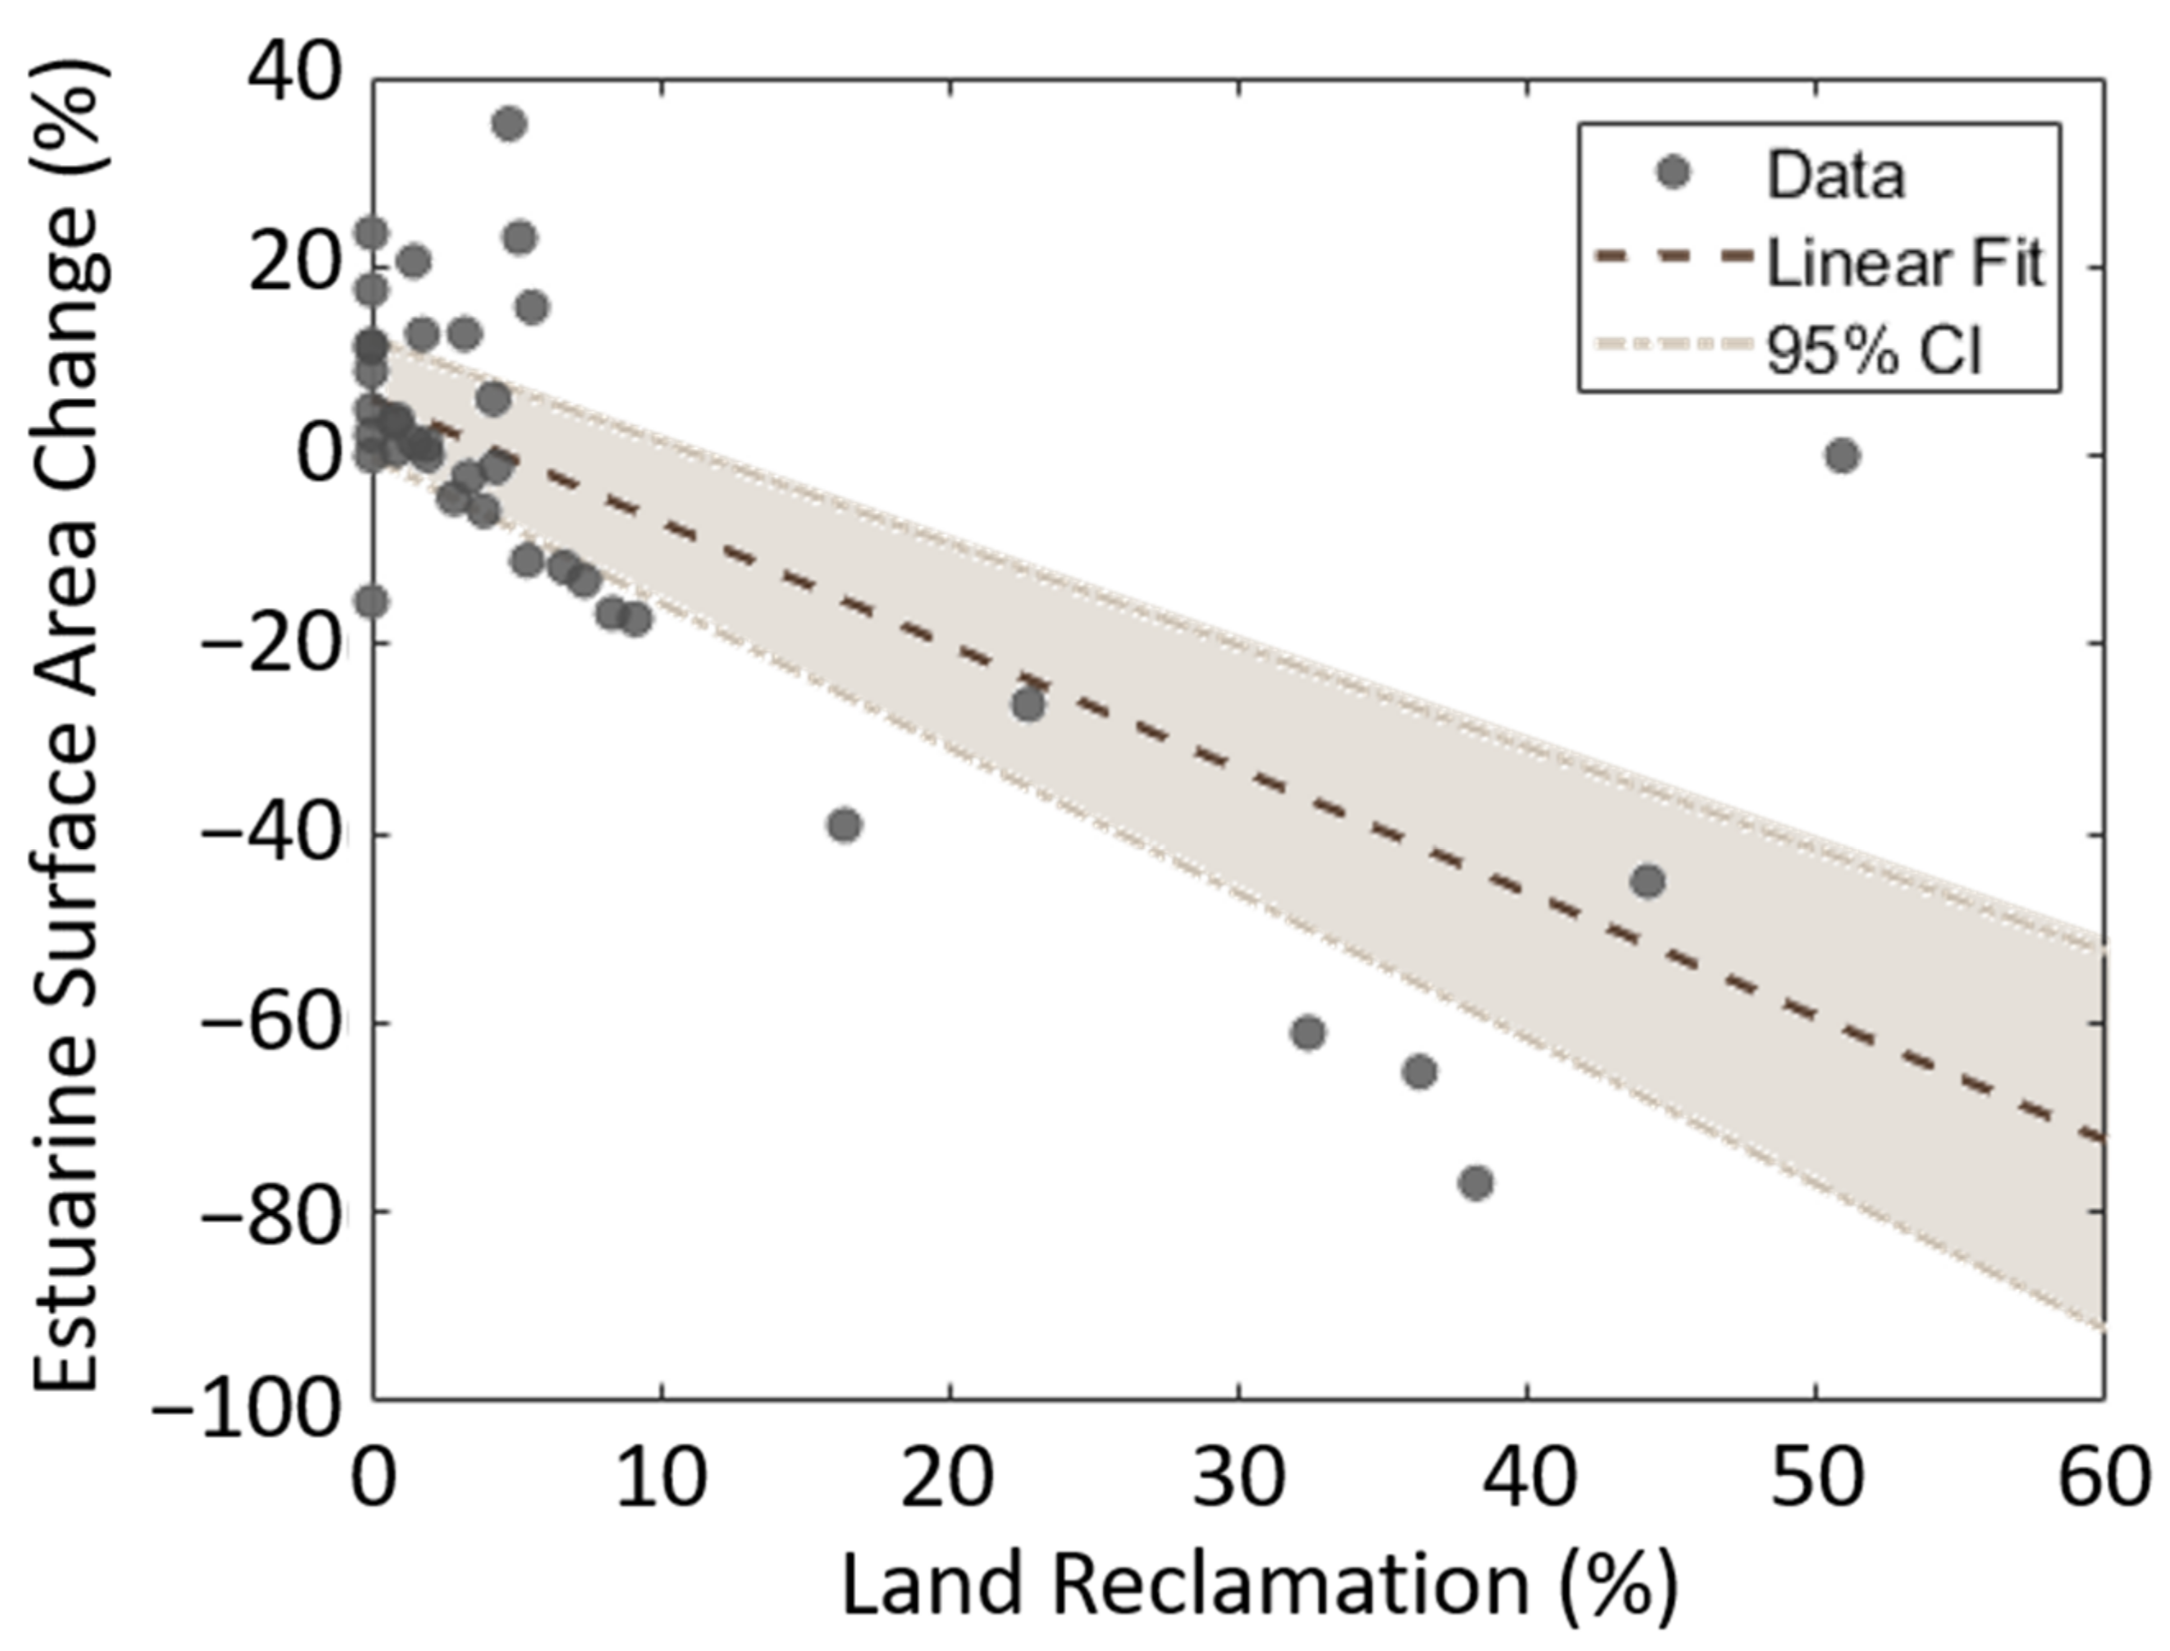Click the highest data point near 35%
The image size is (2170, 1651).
[509, 124]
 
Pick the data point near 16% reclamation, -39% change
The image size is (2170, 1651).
[845, 825]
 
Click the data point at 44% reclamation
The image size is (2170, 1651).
[1647, 881]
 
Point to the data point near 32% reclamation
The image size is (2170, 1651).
[1308, 1033]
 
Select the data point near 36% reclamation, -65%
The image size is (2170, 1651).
[1419, 1071]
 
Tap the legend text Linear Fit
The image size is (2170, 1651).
[1905, 263]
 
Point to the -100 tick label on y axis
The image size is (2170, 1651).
[245, 1413]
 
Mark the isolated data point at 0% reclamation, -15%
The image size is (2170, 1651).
[370, 601]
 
